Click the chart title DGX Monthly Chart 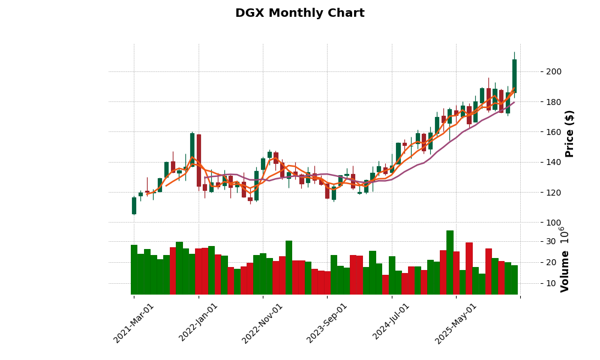299,13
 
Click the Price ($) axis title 569,133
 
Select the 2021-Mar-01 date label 134,323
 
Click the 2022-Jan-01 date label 199,323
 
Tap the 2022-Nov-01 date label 263,323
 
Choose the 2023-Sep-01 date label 327,323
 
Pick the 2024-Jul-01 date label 392,323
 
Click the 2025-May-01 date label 456,323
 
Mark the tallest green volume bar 450,262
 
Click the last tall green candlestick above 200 514,76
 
